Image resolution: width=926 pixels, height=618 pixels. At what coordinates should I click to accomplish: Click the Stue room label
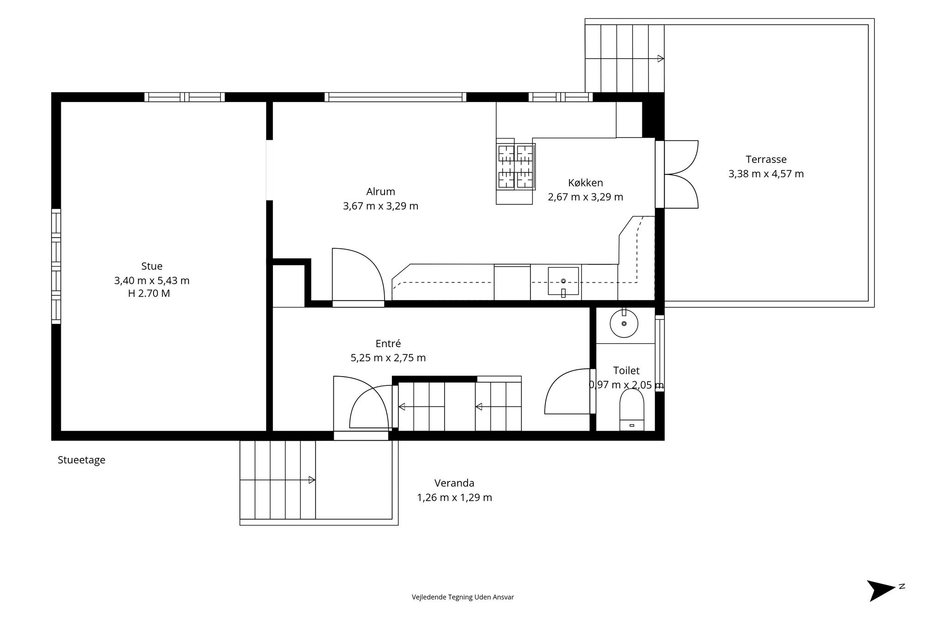[x=152, y=266]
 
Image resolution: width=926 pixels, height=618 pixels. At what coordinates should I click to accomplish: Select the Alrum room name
[x=380, y=192]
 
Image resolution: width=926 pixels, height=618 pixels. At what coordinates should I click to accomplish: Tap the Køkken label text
[x=585, y=183]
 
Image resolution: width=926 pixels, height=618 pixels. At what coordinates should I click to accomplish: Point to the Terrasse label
[x=766, y=159]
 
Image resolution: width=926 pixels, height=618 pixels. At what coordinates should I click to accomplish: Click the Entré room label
[x=388, y=343]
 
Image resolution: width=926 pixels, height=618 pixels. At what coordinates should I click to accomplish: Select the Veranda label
[x=454, y=483]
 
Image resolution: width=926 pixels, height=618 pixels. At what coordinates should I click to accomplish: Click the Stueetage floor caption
[x=82, y=460]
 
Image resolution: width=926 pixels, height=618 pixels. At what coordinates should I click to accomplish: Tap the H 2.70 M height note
[x=149, y=294]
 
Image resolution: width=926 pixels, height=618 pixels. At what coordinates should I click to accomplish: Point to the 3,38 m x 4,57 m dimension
[x=766, y=174]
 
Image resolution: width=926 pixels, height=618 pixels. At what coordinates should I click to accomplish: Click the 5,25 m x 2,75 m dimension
[x=388, y=358]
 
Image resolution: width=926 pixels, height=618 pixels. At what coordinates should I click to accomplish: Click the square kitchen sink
[x=563, y=281]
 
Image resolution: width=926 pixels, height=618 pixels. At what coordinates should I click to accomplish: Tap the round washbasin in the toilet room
[x=624, y=324]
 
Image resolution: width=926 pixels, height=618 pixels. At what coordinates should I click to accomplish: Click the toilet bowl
[x=632, y=409]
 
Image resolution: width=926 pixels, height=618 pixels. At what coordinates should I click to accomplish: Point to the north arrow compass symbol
[x=882, y=590]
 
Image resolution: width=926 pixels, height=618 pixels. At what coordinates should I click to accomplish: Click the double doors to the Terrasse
[x=681, y=174]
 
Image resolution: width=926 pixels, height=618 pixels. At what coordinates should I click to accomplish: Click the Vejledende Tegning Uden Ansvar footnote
[x=463, y=597]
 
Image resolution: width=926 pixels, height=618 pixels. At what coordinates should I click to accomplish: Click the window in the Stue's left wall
[x=56, y=266]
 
